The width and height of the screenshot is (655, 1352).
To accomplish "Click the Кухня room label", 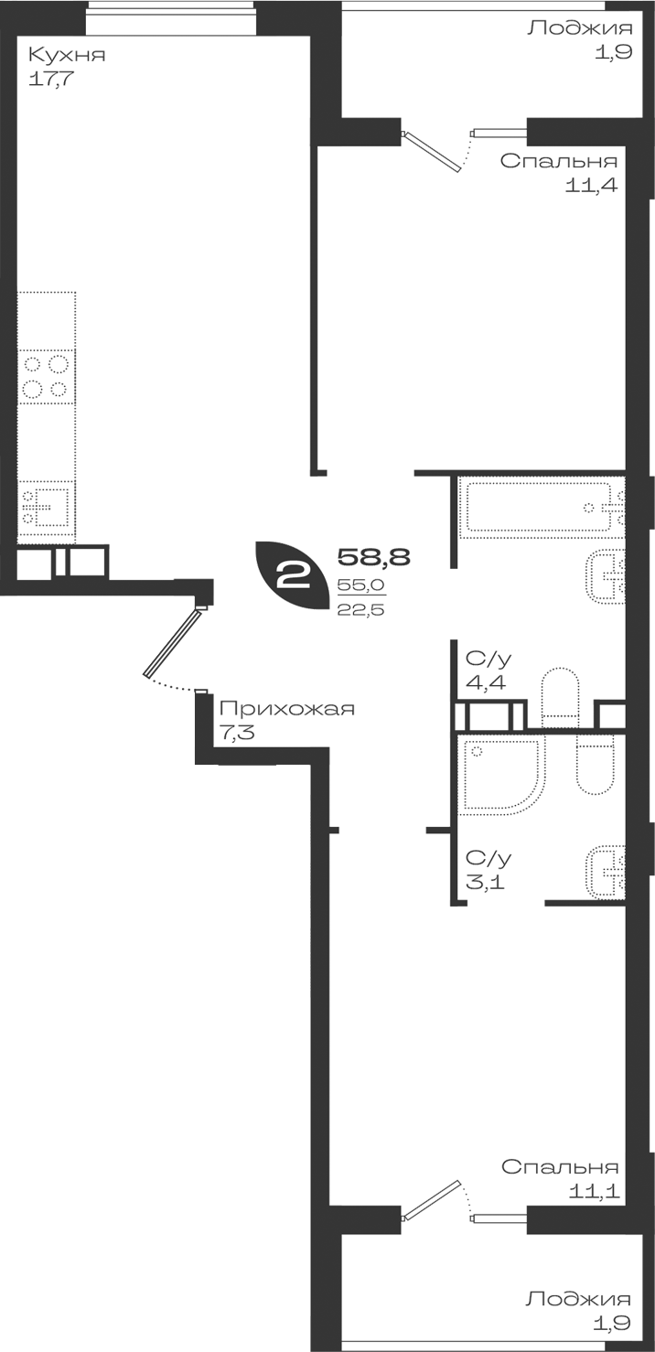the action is click(x=67, y=56).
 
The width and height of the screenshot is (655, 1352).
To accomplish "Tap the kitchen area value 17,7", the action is click(x=50, y=79).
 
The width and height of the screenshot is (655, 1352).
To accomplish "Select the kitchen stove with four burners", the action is click(x=47, y=377).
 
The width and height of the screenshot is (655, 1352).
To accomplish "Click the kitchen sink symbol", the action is click(x=47, y=508).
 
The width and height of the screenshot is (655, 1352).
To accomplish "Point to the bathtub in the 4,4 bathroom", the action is click(x=542, y=507).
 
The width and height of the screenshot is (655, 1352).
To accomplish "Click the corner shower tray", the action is click(x=501, y=775).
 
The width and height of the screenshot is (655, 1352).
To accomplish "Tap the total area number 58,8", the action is click(x=373, y=556).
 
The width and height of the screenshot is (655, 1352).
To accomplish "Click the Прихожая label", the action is click(x=286, y=709).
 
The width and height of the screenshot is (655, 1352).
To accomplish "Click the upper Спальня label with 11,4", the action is click(x=559, y=161).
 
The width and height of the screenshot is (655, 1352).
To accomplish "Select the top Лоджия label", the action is click(x=580, y=27).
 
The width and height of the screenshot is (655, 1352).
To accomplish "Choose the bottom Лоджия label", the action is click(x=578, y=1298).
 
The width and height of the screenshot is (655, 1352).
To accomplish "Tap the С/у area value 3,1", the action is click(x=486, y=883).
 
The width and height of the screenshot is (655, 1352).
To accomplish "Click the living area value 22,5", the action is click(x=360, y=609).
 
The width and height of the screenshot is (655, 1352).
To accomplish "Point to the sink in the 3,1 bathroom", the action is click(x=606, y=871).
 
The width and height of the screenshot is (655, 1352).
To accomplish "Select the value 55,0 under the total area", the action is click(x=360, y=585).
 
